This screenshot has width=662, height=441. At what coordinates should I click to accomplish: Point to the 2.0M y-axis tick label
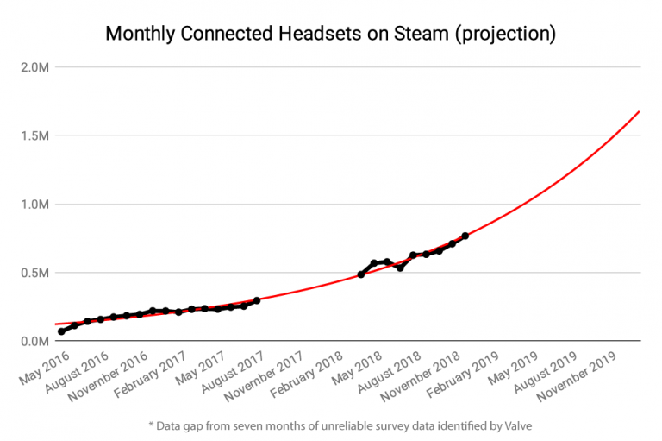click(x=34, y=67)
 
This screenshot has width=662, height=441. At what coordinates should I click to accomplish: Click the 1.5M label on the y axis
click(x=34, y=135)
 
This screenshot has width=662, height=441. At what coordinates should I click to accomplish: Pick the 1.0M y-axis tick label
click(x=34, y=205)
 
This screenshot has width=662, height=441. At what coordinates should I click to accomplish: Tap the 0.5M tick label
click(x=34, y=273)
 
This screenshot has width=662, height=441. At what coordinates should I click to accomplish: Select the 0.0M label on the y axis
click(x=34, y=342)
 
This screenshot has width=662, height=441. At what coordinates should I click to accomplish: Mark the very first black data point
click(x=61, y=331)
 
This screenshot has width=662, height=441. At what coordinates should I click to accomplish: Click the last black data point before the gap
click(x=257, y=300)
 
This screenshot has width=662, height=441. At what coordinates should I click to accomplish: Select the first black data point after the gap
click(x=361, y=274)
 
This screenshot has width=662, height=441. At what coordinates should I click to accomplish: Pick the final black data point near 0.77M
click(x=465, y=236)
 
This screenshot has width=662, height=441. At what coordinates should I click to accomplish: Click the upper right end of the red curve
click(x=639, y=111)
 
